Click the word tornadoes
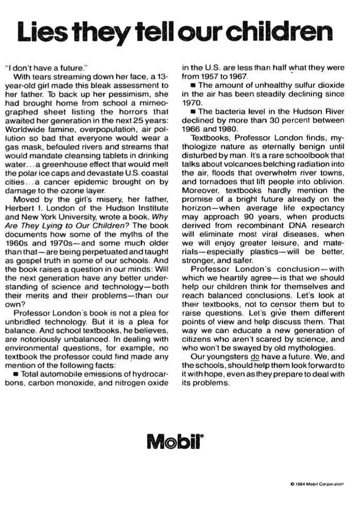(x=208, y=191)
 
